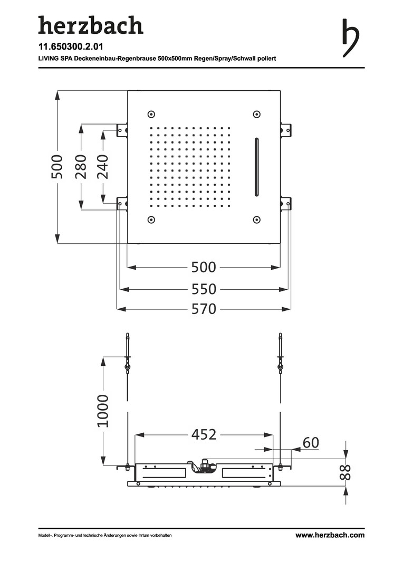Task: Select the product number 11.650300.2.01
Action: tap(71, 46)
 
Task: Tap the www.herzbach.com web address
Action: tap(330, 535)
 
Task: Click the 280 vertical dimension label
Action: tap(81, 167)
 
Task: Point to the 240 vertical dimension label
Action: tap(103, 167)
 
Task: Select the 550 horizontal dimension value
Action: tap(204, 289)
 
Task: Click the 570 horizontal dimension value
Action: tap(204, 309)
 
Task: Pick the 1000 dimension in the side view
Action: tap(103, 411)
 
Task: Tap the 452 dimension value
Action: tap(204, 434)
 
